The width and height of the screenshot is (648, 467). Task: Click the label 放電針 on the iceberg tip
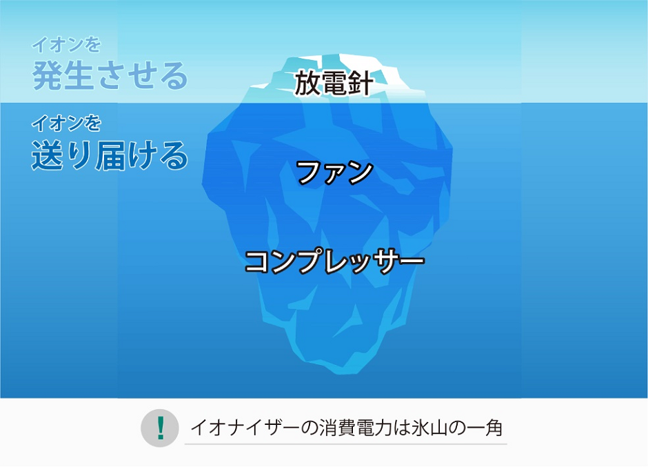click(334, 83)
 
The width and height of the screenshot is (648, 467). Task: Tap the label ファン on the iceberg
click(335, 172)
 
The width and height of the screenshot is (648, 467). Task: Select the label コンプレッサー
click(334, 261)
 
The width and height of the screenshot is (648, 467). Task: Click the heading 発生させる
click(110, 75)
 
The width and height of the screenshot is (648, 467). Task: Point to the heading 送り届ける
click(110, 156)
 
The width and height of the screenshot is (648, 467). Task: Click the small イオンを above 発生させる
click(66, 46)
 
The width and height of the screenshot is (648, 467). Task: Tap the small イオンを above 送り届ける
click(66, 124)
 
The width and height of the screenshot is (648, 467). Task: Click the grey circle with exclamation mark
click(160, 428)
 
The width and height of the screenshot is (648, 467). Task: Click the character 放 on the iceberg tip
click(308, 83)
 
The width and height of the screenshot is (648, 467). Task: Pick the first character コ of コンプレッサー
click(258, 262)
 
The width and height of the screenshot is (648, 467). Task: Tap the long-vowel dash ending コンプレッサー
click(411, 262)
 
